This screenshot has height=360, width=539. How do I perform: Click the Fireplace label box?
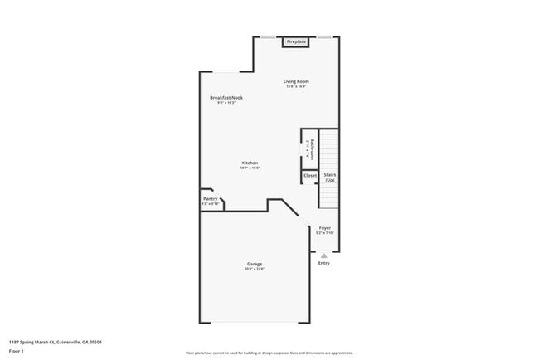click(x=296, y=41)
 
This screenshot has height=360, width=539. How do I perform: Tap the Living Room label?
click(x=296, y=81)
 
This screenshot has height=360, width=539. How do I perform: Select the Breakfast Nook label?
click(x=226, y=98)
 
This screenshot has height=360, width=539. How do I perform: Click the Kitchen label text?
click(x=250, y=163)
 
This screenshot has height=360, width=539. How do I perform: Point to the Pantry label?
click(x=210, y=199)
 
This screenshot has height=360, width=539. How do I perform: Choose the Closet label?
click(x=310, y=176)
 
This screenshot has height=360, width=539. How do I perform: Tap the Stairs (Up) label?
click(x=329, y=177)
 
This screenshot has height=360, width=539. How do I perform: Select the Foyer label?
click(x=324, y=227)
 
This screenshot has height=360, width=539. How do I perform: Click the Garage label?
click(x=254, y=264)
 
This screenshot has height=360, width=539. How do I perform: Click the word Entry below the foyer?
click(x=323, y=264)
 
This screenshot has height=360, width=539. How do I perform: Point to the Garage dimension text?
click(x=254, y=269)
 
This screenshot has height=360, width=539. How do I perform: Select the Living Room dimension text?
click(x=296, y=86)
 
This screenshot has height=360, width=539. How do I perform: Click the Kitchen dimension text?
click(x=250, y=168)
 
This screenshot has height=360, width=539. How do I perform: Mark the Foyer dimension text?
click(x=324, y=233)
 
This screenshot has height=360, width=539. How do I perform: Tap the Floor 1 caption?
click(x=17, y=351)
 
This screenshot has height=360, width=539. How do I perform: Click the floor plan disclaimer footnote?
click(x=269, y=352)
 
